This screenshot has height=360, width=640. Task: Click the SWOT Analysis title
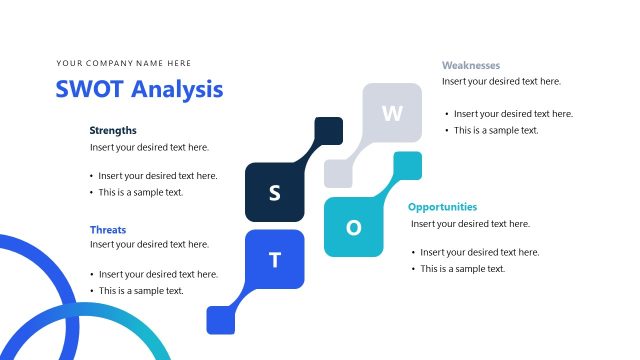click(x=139, y=90)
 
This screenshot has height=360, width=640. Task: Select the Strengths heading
click(x=113, y=130)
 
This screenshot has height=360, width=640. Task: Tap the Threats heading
click(x=108, y=229)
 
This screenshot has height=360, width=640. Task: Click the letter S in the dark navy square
click(x=274, y=192)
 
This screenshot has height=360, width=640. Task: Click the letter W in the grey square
click(x=392, y=113)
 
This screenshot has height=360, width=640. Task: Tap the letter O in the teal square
click(x=353, y=227)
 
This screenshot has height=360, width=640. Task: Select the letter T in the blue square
click(x=275, y=260)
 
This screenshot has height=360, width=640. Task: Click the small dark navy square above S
click(x=329, y=131)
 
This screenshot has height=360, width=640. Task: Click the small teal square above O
click(x=407, y=165)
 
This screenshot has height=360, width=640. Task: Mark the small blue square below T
click(x=220, y=319)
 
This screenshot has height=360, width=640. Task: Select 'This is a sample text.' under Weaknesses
click(x=496, y=130)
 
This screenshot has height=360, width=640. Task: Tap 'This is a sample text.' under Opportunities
click(x=462, y=269)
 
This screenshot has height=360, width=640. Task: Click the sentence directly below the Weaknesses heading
click(x=501, y=81)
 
